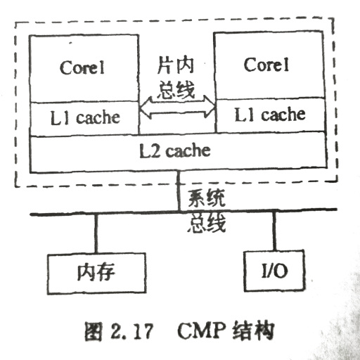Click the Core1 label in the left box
click(x=82, y=67)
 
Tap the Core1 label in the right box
click(x=266, y=65)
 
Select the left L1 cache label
click(x=85, y=117)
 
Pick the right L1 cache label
click(x=270, y=115)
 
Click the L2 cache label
click(x=175, y=150)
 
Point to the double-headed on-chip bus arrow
click(x=177, y=107)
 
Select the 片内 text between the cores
click(x=176, y=65)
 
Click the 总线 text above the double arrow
click(x=176, y=90)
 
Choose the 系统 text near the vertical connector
click(x=206, y=198)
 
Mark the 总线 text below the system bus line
click(x=207, y=223)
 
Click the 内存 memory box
click(x=96, y=274)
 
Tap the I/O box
click(x=274, y=271)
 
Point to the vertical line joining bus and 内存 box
click(x=96, y=233)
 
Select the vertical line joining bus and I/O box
click(x=274, y=231)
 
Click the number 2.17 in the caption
click(x=131, y=331)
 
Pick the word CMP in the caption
click(x=201, y=330)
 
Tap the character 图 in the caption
click(x=94, y=331)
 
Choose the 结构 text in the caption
click(x=253, y=331)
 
